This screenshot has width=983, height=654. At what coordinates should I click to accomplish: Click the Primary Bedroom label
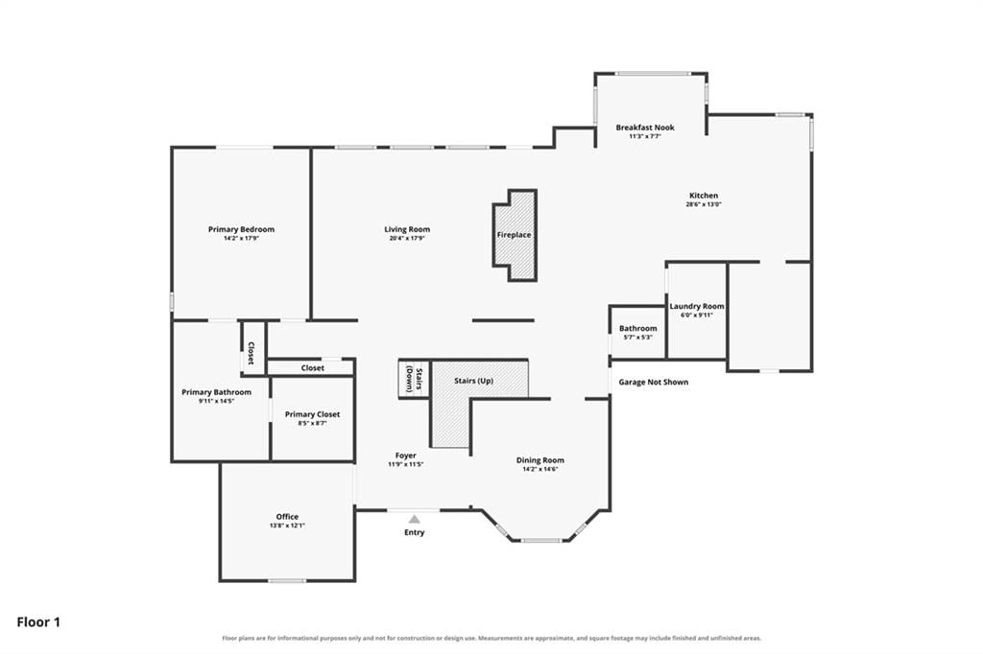pyautogui.click(x=241, y=229)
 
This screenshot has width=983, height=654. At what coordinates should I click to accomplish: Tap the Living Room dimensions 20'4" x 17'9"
pyautogui.click(x=407, y=238)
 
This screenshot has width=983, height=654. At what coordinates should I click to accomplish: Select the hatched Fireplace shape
pyautogui.click(x=515, y=235)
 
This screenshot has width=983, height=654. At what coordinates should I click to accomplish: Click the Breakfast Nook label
pyautogui.click(x=645, y=128)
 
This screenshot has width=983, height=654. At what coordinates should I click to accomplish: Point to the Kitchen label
pyautogui.click(x=704, y=196)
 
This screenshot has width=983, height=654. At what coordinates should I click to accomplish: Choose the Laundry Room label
pyautogui.click(x=697, y=306)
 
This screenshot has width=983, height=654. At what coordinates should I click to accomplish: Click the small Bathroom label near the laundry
pyautogui.click(x=638, y=328)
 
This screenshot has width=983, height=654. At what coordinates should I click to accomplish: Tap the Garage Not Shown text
pyautogui.click(x=653, y=382)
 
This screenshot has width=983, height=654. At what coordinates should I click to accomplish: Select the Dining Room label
pyautogui.click(x=539, y=459)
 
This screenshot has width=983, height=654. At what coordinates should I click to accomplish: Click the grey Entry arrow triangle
pyautogui.click(x=415, y=519)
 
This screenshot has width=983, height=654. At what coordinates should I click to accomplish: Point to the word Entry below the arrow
pyautogui.click(x=415, y=532)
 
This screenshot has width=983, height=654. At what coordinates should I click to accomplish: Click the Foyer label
pyautogui.click(x=406, y=455)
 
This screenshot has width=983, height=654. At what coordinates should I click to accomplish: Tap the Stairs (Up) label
pyautogui.click(x=473, y=381)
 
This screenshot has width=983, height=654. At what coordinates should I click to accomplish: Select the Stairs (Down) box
pyautogui.click(x=415, y=379)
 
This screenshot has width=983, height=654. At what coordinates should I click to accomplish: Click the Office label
pyautogui.click(x=287, y=517)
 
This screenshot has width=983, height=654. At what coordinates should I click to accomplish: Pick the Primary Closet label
pyautogui.click(x=312, y=414)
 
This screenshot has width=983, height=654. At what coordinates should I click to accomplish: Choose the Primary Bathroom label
pyautogui.click(x=216, y=392)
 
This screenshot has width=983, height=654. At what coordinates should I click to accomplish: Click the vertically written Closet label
pyautogui.click(x=251, y=353)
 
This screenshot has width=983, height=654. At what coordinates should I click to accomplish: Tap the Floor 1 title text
pyautogui.click(x=38, y=622)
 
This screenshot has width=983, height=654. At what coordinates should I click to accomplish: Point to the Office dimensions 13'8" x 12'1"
pyautogui.click(x=287, y=526)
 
